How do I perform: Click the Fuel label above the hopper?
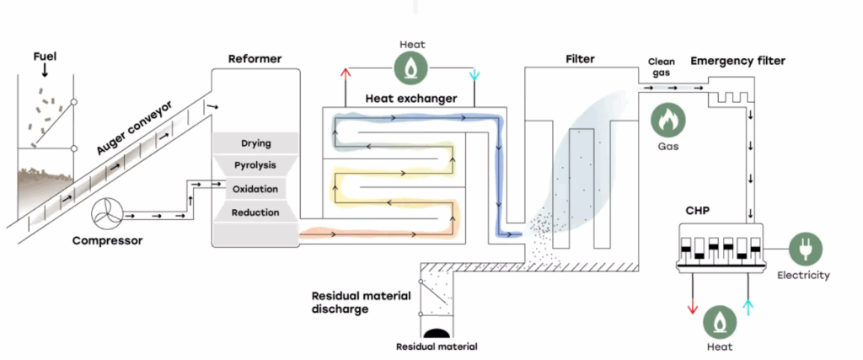click(x=45, y=59)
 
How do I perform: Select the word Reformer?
click(x=255, y=59)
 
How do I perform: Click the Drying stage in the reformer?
click(x=255, y=143)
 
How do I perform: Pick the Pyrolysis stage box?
click(x=255, y=165)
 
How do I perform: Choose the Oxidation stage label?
click(x=255, y=189)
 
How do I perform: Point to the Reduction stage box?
click(x=255, y=212)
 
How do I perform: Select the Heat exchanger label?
click(x=410, y=98)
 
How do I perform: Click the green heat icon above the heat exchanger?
click(x=410, y=67)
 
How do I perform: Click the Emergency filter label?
click(x=737, y=61)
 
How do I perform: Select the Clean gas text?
click(x=662, y=67)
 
